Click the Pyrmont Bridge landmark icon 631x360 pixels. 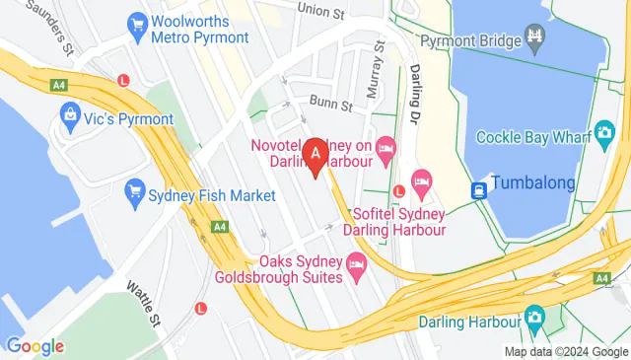click(x=535, y=39)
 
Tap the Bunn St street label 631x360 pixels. click(x=330, y=104)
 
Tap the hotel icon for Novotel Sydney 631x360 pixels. click(x=386, y=147)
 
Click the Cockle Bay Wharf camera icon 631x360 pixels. click(x=600, y=136)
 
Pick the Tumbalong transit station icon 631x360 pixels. click(x=479, y=189)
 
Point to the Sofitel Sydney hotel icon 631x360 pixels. click(x=422, y=180)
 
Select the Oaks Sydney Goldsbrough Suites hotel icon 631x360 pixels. click(x=357, y=263)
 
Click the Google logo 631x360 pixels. click(x=35, y=346)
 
